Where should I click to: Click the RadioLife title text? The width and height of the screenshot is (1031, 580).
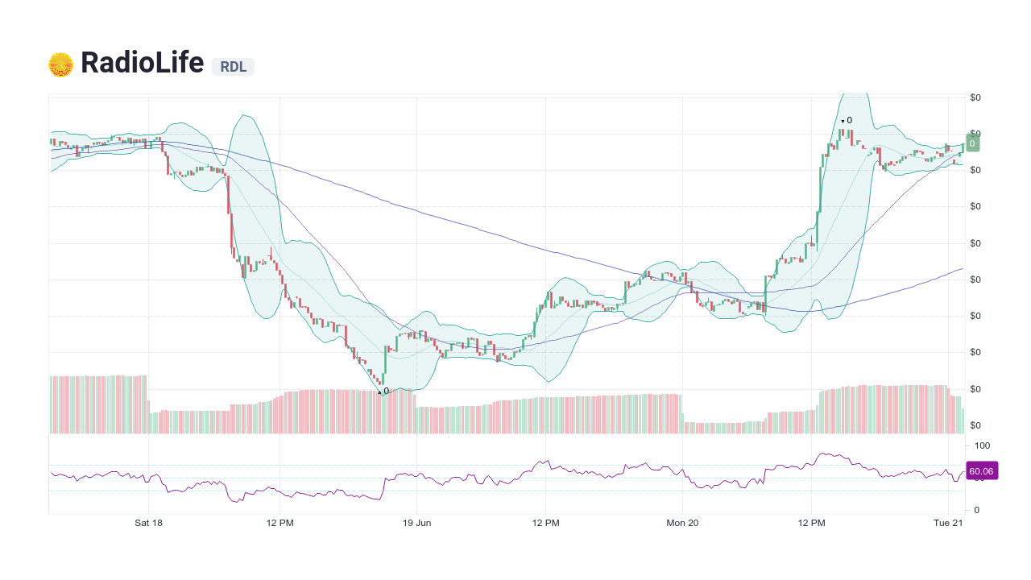pyautogui.click(x=142, y=63)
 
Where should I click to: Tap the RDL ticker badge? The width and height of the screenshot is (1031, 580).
pyautogui.click(x=233, y=67)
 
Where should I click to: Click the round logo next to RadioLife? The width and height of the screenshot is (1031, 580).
pyautogui.click(x=60, y=64)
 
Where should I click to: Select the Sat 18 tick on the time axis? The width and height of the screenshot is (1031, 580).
pyautogui.click(x=148, y=523)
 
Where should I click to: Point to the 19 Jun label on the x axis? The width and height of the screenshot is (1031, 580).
pyautogui.click(x=416, y=523)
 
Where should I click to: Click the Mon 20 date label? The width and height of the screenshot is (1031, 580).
pyautogui.click(x=682, y=523)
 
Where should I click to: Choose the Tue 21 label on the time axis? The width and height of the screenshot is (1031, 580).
pyautogui.click(x=948, y=523)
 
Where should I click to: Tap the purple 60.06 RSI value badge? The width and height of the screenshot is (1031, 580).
pyautogui.click(x=981, y=471)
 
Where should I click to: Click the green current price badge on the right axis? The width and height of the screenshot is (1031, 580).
pyautogui.click(x=972, y=143)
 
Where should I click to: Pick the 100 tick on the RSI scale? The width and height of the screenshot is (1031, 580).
pyautogui.click(x=982, y=445)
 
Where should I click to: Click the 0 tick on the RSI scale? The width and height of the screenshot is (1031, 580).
pyautogui.click(x=977, y=510)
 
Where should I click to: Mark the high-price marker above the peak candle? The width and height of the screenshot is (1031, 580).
pyautogui.click(x=847, y=120)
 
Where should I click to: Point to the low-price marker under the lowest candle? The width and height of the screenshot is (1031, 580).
pyautogui.click(x=384, y=391)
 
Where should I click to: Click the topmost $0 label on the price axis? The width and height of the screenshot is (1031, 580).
pyautogui.click(x=975, y=97)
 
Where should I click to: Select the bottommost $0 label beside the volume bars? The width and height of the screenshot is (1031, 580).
pyautogui.click(x=975, y=425)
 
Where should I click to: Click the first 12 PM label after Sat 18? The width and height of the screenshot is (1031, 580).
pyautogui.click(x=279, y=523)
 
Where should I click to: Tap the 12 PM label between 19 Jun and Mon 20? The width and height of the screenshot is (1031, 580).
pyautogui.click(x=545, y=523)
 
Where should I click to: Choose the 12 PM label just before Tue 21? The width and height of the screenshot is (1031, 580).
pyautogui.click(x=812, y=523)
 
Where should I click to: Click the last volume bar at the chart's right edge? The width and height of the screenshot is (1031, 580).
pyautogui.click(x=963, y=420)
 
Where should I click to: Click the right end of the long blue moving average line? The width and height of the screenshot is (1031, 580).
pyautogui.click(x=963, y=269)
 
